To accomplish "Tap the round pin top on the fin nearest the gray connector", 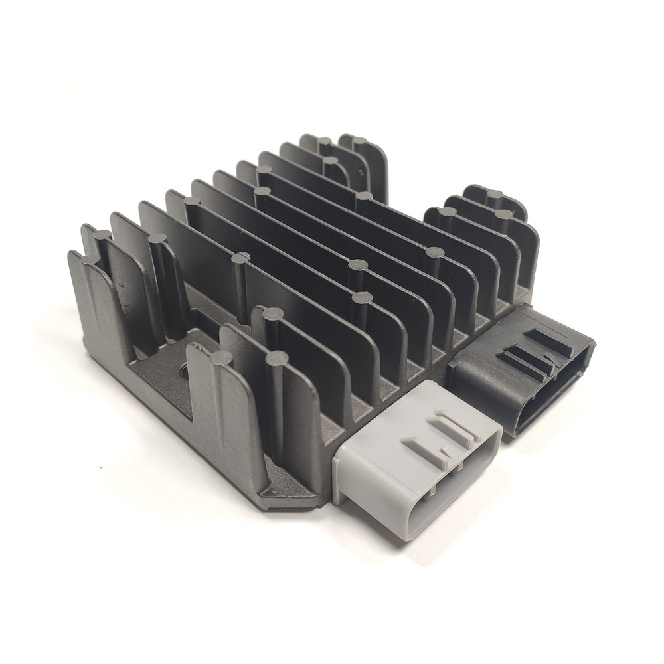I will tap(277, 358).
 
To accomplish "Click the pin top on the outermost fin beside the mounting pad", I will tap(222, 358).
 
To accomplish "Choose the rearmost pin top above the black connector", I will tap(495, 195).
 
